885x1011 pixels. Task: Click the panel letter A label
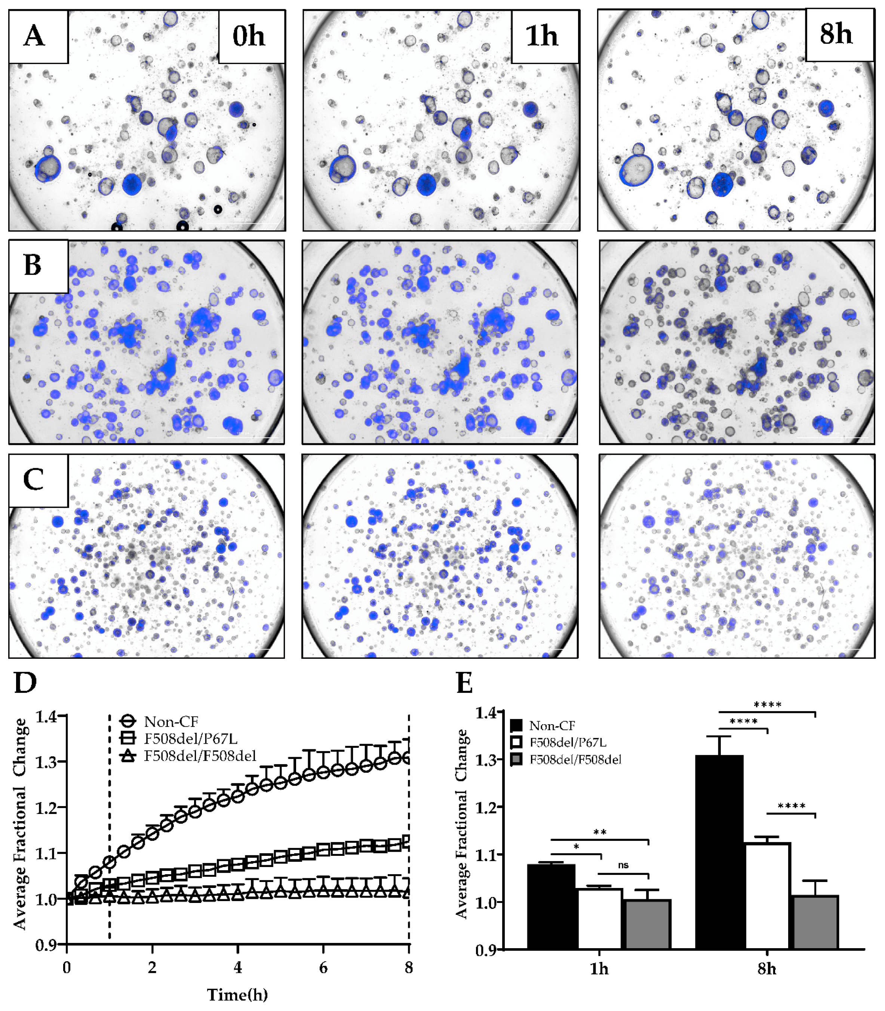(34, 36)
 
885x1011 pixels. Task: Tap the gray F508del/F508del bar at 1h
(648, 924)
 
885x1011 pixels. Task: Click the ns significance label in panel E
(623, 865)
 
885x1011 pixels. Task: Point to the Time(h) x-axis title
(237, 994)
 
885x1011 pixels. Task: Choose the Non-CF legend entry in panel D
(170, 722)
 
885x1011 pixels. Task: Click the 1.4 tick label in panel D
(46, 717)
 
